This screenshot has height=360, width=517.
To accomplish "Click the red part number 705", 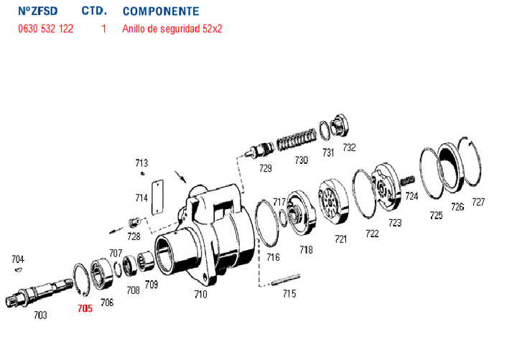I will (85, 308).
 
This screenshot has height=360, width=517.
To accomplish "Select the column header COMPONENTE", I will (161, 12).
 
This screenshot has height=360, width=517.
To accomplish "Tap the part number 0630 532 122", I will (45, 29).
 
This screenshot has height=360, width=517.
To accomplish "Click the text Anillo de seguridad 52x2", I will (172, 29).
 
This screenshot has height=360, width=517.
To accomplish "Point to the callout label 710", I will (200, 294).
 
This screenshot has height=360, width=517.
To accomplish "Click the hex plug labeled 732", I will (341, 126).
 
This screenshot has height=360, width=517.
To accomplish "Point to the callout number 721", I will (340, 239).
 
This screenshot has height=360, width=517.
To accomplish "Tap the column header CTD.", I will (94, 12).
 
